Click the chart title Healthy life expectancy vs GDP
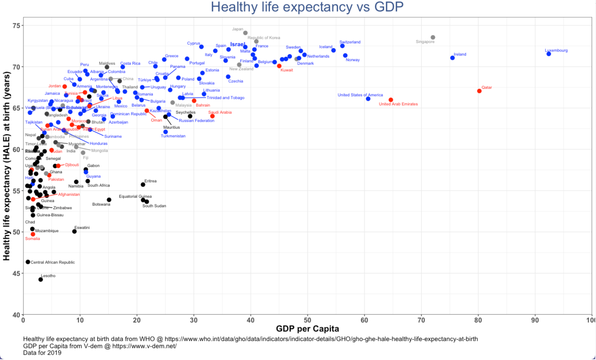[x=307, y=7]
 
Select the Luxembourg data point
[x=549, y=54]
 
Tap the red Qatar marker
[x=479, y=91]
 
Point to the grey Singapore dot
[x=433, y=37]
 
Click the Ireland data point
[x=452, y=58]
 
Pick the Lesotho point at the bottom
[x=41, y=280]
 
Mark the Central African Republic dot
[x=28, y=262]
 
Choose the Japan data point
[x=245, y=33]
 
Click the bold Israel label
[x=238, y=45]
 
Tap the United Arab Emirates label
[x=398, y=104]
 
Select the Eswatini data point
[x=74, y=232]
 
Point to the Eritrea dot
[x=143, y=185]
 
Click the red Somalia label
[x=33, y=239]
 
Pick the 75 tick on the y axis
[x=16, y=26]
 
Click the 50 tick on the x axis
[x=307, y=320]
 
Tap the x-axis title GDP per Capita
[x=307, y=329]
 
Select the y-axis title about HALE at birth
[x=6, y=166]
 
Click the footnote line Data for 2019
[x=42, y=353]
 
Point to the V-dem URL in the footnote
[x=144, y=346]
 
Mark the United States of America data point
[x=368, y=99]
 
